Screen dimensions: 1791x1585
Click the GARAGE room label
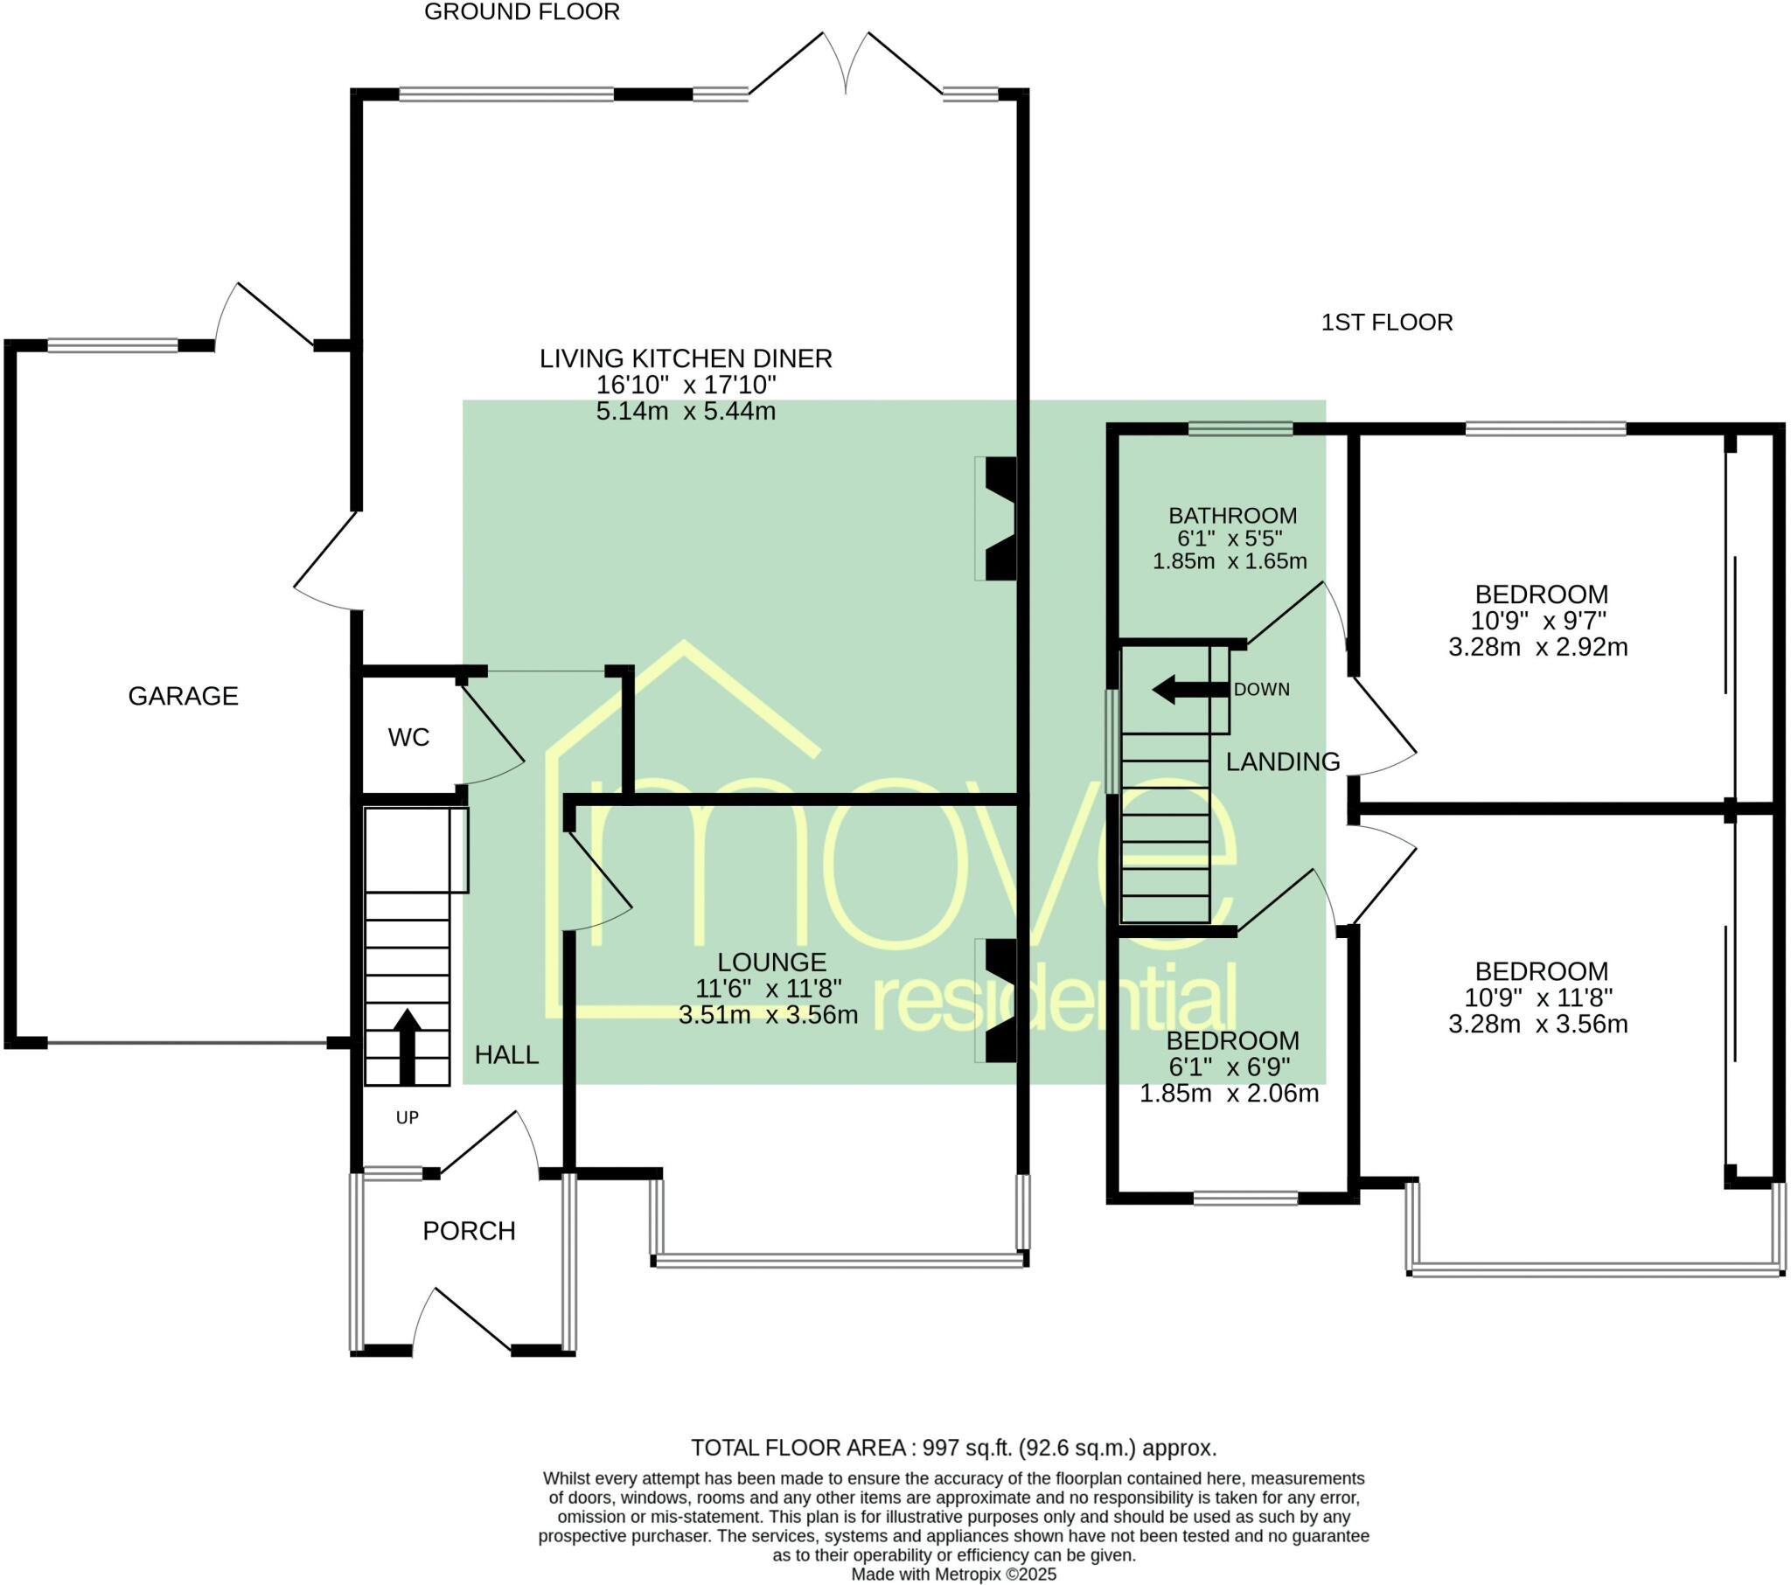pyautogui.click(x=183, y=696)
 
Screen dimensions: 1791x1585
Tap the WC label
pyautogui.click(x=408, y=738)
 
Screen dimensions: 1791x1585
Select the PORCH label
pyautogui.click(x=469, y=1231)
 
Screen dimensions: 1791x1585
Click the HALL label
pyautogui.click(x=506, y=1055)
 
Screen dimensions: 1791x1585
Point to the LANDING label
pyautogui.click(x=1283, y=762)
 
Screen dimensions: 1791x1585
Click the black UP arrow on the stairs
pyautogui.click(x=407, y=1046)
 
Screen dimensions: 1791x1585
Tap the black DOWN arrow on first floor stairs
pyautogui.click(x=1190, y=690)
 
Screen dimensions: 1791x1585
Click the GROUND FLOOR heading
pyautogui.click(x=522, y=12)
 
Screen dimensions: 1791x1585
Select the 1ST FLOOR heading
pyautogui.click(x=1387, y=323)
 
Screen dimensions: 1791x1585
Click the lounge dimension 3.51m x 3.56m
pyautogui.click(x=768, y=1016)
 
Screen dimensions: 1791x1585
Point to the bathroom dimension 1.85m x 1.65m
pyautogui.click(x=1230, y=561)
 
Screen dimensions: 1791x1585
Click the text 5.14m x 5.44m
pyautogui.click(x=686, y=411)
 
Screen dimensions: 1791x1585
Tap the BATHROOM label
pyautogui.click(x=1233, y=515)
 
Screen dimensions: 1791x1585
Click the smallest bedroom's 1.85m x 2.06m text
pyautogui.click(x=1229, y=1094)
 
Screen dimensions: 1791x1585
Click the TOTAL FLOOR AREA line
pyautogui.click(x=954, y=1448)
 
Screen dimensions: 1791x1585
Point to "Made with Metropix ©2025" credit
pyautogui.click(x=954, y=1575)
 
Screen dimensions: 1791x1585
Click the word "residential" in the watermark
pyautogui.click(x=1056, y=998)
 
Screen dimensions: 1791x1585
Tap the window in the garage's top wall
pyautogui.click(x=113, y=345)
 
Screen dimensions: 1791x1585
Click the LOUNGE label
pyautogui.click(x=771, y=962)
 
